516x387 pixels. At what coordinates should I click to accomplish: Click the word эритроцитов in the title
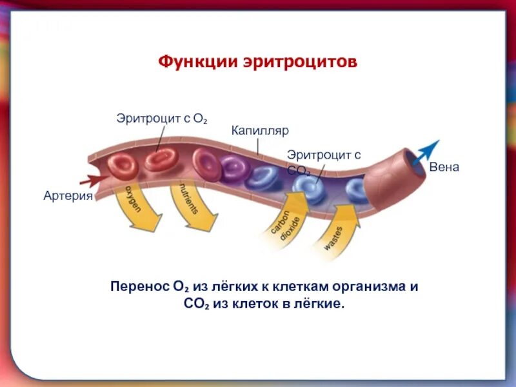pos(300,63)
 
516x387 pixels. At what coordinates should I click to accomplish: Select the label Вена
pos(444,167)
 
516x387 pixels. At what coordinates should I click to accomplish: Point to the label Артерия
pos(68,195)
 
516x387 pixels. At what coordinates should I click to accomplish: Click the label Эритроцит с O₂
pos(161,118)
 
